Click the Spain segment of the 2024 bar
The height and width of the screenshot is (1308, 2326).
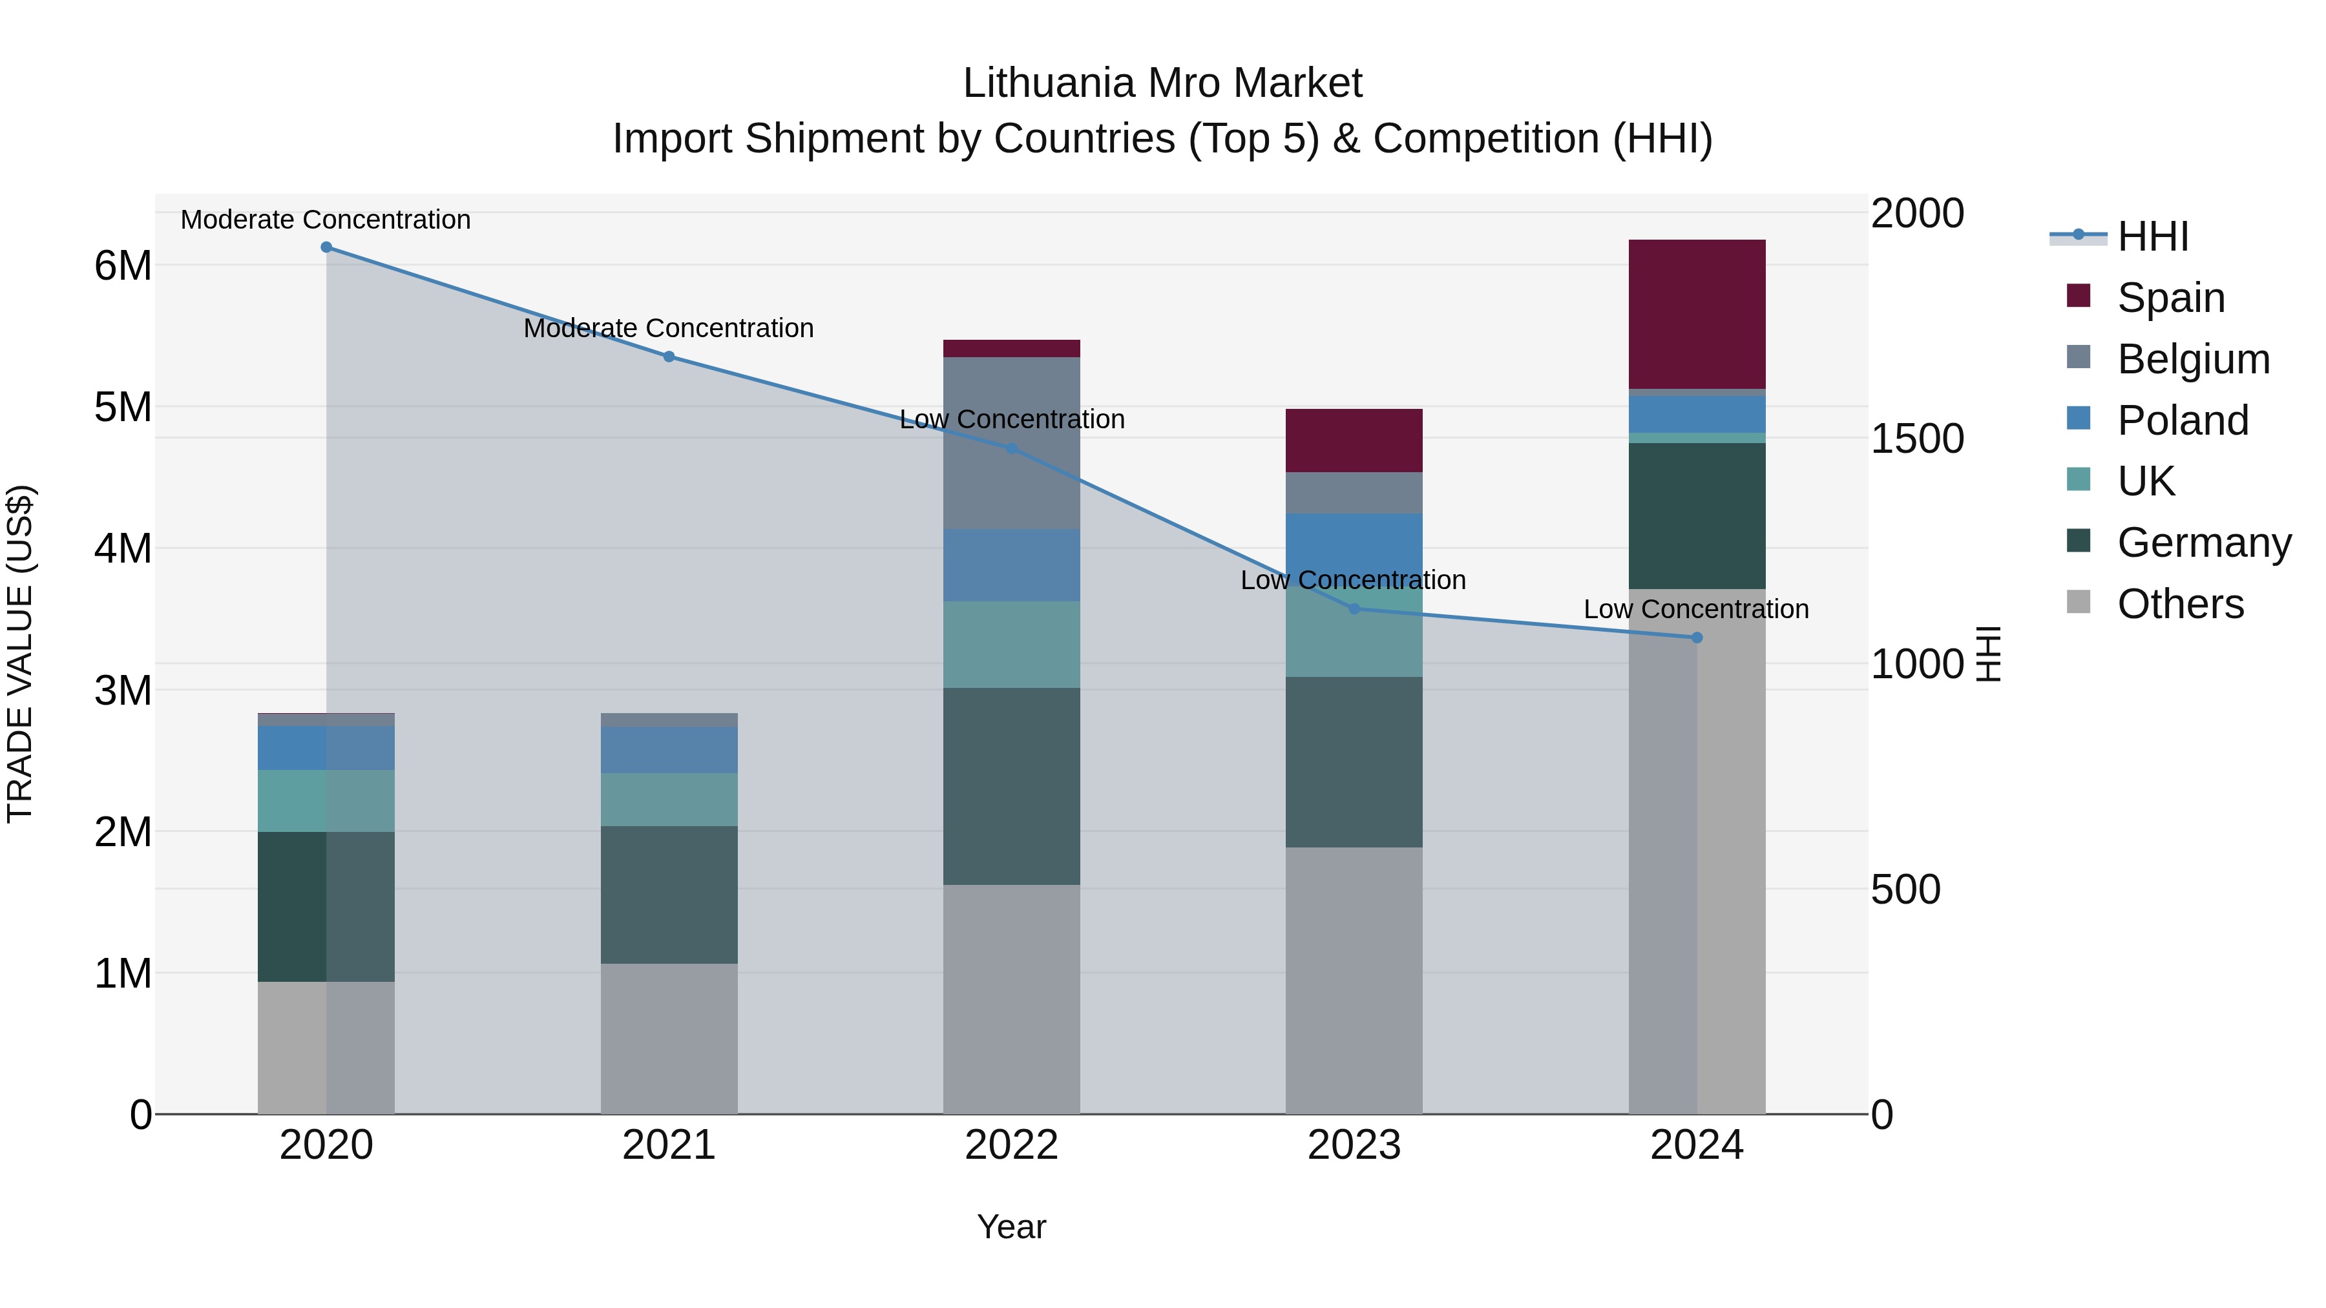(x=1696, y=314)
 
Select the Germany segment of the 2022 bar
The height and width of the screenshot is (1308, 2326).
(x=1011, y=785)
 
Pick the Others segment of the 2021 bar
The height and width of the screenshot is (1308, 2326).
(x=669, y=1038)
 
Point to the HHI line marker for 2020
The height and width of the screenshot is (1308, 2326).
(x=327, y=247)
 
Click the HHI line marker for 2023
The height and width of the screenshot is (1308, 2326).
(x=1354, y=609)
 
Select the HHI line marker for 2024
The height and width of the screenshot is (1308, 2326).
(x=1697, y=638)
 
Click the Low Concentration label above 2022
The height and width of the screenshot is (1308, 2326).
(x=1011, y=420)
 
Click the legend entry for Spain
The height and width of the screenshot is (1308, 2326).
(x=2171, y=298)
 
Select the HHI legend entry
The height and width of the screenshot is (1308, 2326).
(x=2153, y=236)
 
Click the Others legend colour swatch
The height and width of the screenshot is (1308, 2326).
(x=2079, y=602)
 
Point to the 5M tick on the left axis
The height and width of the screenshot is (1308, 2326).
(x=123, y=407)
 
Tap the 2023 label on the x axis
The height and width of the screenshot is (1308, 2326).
(x=1354, y=1145)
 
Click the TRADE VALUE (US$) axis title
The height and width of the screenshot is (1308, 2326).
(x=20, y=654)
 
